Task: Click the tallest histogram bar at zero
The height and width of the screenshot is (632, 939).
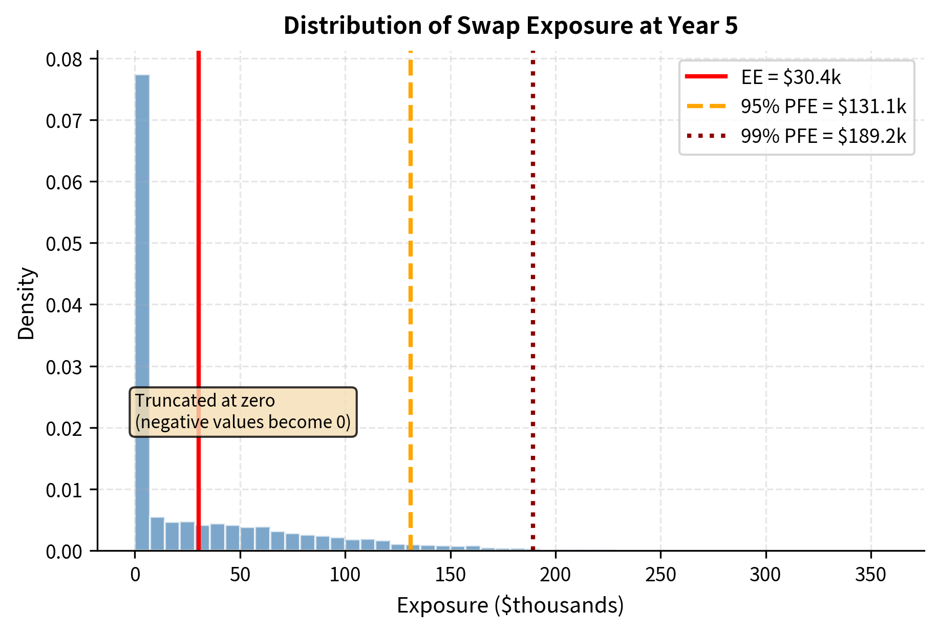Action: coord(142,256)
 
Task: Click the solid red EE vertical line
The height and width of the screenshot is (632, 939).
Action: coord(198,256)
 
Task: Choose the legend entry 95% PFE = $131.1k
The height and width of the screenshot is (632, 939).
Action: coord(823,107)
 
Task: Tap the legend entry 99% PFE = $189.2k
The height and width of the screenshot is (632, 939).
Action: coord(823,136)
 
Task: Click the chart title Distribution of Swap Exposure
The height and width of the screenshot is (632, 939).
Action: coord(510,26)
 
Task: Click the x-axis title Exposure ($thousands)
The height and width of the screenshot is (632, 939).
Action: coord(510,605)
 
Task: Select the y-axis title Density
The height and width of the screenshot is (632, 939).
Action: coord(26,303)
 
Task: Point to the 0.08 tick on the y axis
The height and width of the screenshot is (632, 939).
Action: coord(64,60)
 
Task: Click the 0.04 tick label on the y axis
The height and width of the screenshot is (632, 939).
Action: coord(64,306)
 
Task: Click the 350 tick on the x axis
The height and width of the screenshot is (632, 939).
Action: coord(870,575)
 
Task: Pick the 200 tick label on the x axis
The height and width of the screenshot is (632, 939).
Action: coord(555,575)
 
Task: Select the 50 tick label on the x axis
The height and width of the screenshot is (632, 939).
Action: coord(240,575)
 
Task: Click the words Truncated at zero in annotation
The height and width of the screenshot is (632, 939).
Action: coord(205,401)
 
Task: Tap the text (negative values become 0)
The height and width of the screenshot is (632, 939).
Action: coord(243,422)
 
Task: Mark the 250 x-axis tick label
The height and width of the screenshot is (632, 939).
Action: coord(660,575)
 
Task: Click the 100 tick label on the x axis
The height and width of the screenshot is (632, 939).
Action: coord(345,575)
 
